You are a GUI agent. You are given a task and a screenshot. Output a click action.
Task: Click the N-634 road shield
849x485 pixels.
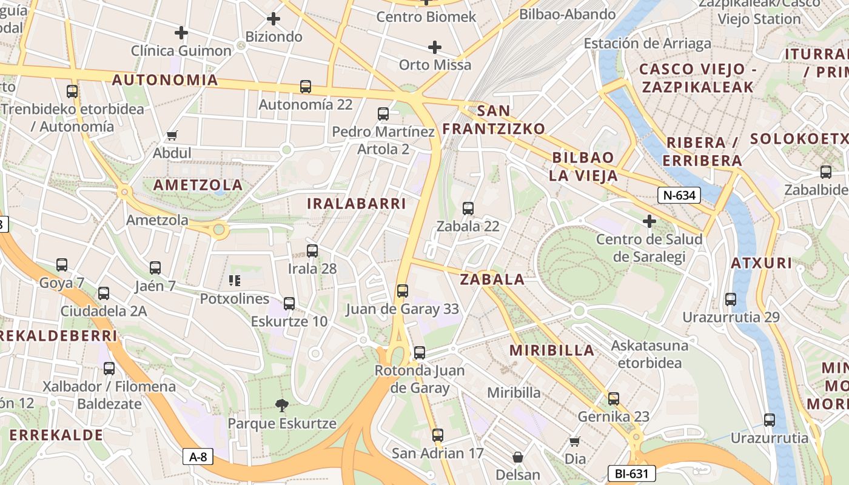tap(679, 195)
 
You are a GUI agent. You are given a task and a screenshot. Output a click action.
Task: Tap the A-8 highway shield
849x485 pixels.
tap(198, 457)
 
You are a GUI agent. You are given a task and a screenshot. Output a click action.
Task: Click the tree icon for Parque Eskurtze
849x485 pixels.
tap(281, 405)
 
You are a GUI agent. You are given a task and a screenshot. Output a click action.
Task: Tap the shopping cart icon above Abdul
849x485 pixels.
tap(172, 136)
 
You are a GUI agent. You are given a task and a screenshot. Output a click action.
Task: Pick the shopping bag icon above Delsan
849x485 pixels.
tap(518, 457)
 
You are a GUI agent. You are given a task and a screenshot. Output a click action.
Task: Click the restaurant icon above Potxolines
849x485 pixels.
tap(235, 280)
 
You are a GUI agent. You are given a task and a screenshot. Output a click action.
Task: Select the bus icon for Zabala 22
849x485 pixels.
tap(468, 209)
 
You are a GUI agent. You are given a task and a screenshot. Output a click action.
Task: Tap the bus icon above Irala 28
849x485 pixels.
tap(312, 250)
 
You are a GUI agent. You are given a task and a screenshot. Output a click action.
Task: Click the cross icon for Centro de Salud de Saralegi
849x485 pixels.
tap(649, 221)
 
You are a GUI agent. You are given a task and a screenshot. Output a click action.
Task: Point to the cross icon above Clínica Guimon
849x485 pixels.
tap(181, 33)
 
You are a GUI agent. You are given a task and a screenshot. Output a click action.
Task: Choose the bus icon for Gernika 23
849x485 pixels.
tap(614, 398)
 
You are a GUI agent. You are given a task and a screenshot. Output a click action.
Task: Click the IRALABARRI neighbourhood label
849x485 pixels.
tap(356, 204)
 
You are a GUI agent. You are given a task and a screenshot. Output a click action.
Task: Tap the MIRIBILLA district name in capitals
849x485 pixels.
tap(552, 350)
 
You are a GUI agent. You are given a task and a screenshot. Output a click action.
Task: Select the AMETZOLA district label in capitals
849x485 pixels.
tap(198, 185)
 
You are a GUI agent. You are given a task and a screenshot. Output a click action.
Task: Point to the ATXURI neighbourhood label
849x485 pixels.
tap(761, 263)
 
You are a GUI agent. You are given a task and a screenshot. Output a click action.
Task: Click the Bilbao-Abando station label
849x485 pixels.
tap(568, 15)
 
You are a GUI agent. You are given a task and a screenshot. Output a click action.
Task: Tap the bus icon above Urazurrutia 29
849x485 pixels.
tap(731, 299)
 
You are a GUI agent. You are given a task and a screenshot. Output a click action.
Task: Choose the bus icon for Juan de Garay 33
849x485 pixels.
tap(403, 291)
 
